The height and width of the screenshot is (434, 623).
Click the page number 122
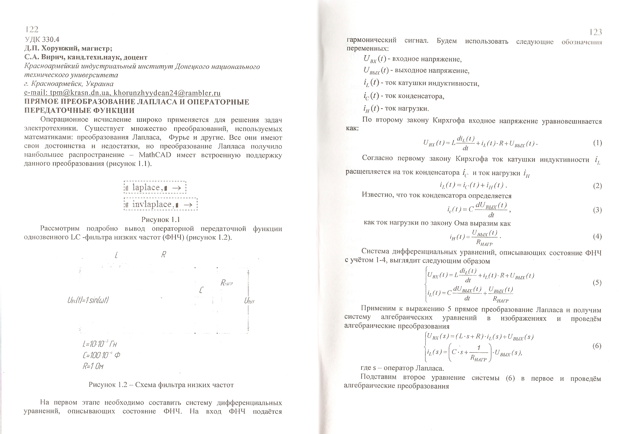coord(32,29)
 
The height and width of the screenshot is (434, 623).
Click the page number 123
coord(596,32)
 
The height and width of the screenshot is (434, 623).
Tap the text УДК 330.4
coord(42,40)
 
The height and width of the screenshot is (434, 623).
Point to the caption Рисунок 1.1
coord(161,219)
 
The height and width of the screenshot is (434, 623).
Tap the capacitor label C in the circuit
coord(201,290)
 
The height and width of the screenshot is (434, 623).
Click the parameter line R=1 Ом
coord(93,366)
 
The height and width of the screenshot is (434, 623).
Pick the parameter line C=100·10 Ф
coord(101,355)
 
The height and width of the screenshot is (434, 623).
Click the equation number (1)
coord(597,143)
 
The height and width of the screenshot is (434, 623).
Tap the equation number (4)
coord(597,236)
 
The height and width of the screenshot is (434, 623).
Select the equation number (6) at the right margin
coord(597,346)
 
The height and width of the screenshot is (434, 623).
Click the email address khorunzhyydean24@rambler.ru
coord(167,93)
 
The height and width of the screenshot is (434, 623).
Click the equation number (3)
coord(597,210)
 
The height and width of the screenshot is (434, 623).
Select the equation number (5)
coord(597,282)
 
